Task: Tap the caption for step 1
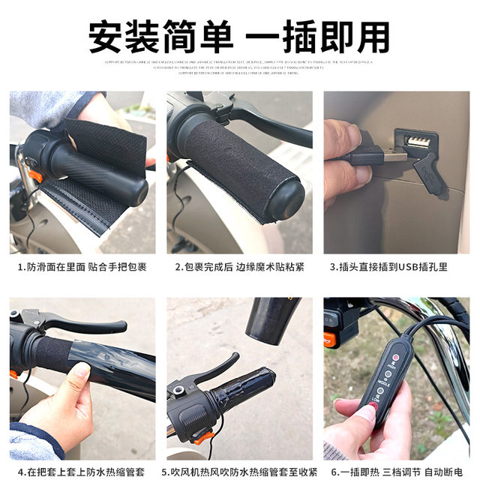(82, 266)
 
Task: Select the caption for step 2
(239, 266)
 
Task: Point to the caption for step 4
(82, 470)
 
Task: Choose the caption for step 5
(239, 470)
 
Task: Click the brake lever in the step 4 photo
(82, 324)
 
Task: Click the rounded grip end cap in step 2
(289, 199)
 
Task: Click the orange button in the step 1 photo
(34, 176)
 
